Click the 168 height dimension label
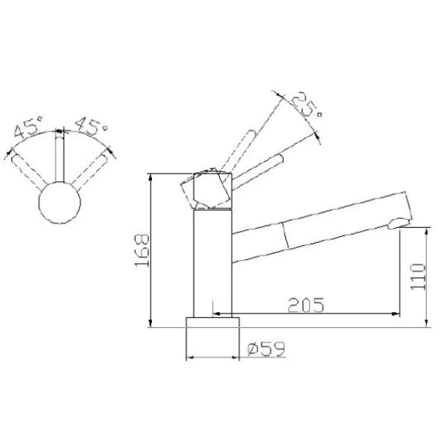coord(144,251)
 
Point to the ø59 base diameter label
coord(264,348)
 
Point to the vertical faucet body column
coord(212,261)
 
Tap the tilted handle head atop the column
coord(209,191)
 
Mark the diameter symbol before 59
coord(251,348)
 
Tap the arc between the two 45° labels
coord(59,132)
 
